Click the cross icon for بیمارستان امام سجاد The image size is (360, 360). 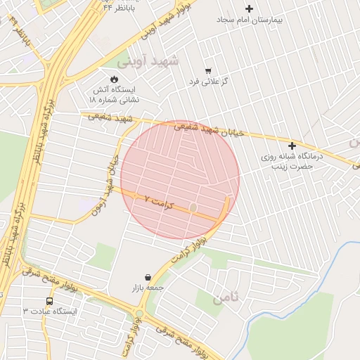pyautogui.click(x=250, y=8)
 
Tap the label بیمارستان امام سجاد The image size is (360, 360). pyautogui.click(x=248, y=21)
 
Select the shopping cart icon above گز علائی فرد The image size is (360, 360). pyautogui.click(x=208, y=71)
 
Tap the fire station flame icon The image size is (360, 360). pyautogui.click(x=115, y=79)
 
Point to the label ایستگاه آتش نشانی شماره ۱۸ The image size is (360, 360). pyautogui.click(x=115, y=95)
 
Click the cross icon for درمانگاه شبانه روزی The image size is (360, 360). pyautogui.click(x=292, y=146)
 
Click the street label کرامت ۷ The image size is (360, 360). pyautogui.click(x=157, y=201)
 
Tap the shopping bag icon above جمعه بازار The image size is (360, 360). pyautogui.click(x=148, y=277)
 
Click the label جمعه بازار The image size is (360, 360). pyautogui.click(x=146, y=288)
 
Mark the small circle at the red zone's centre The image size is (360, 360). pyautogui.click(x=193, y=207)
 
